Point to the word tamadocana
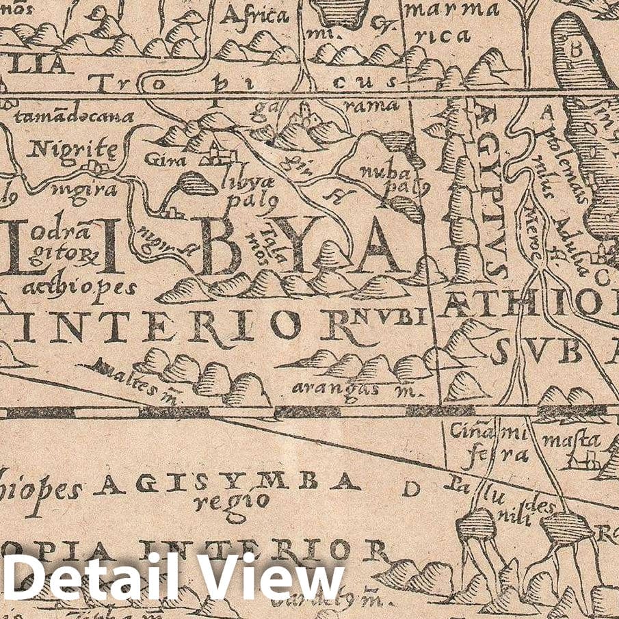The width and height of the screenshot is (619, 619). (74, 116)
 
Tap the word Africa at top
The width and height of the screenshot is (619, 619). (254, 16)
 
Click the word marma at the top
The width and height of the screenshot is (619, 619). (451, 10)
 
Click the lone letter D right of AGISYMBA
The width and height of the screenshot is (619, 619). (410, 488)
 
